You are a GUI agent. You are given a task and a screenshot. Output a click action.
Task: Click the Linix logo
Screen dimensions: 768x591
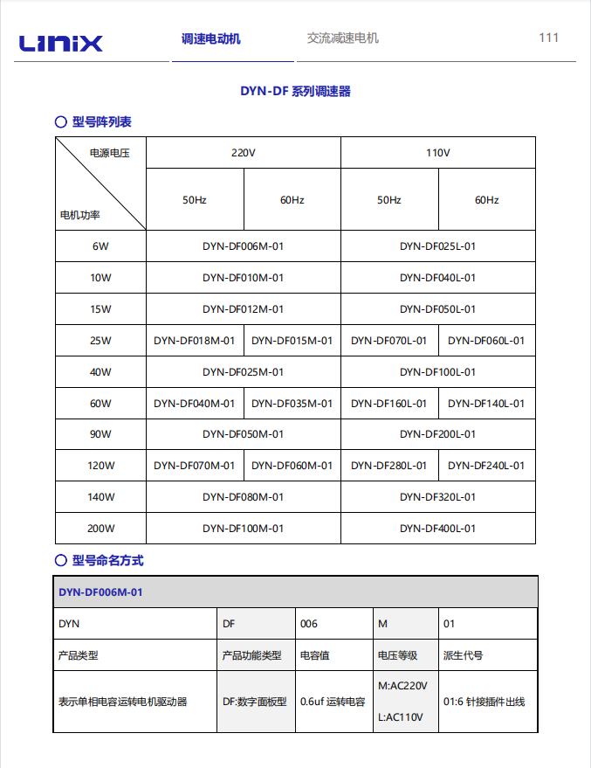[x=61, y=42]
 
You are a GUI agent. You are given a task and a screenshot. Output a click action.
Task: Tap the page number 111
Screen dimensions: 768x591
[x=548, y=38]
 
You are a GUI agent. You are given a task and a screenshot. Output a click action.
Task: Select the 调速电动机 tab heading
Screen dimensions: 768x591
[x=210, y=38]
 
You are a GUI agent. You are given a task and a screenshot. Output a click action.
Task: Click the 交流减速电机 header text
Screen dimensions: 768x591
[x=343, y=38]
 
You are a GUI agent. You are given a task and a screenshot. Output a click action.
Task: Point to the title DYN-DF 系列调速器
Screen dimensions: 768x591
[x=295, y=91]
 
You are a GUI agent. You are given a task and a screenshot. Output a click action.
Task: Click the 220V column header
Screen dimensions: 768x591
[x=243, y=153]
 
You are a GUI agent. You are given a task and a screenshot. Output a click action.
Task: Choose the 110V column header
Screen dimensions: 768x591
[x=437, y=153]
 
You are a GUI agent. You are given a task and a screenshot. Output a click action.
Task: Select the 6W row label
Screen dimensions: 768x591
[x=100, y=246]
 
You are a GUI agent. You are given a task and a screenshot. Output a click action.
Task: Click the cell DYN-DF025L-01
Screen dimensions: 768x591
[x=437, y=246]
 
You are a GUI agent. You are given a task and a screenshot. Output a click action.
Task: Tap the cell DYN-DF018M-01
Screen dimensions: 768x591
[x=194, y=341]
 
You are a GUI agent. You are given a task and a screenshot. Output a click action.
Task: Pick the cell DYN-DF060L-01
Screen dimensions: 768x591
[x=486, y=341]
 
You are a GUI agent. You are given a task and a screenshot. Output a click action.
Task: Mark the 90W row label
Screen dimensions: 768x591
[x=100, y=434]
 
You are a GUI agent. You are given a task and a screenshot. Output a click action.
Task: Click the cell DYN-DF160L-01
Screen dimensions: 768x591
[x=388, y=403]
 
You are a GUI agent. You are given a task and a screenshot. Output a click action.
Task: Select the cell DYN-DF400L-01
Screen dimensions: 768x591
[x=437, y=529]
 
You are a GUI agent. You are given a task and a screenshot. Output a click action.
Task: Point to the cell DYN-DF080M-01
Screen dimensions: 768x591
[x=243, y=497]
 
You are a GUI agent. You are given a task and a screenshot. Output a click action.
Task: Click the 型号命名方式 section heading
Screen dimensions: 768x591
[x=107, y=560]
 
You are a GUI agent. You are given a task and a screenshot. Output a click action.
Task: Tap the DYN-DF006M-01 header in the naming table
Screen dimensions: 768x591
[x=100, y=592]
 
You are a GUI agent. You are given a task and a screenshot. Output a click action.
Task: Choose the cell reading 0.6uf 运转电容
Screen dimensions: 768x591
[x=333, y=702]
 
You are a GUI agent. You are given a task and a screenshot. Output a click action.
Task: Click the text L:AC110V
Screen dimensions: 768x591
[x=401, y=717]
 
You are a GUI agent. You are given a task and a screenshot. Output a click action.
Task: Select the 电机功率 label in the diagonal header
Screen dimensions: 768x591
[x=79, y=214]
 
